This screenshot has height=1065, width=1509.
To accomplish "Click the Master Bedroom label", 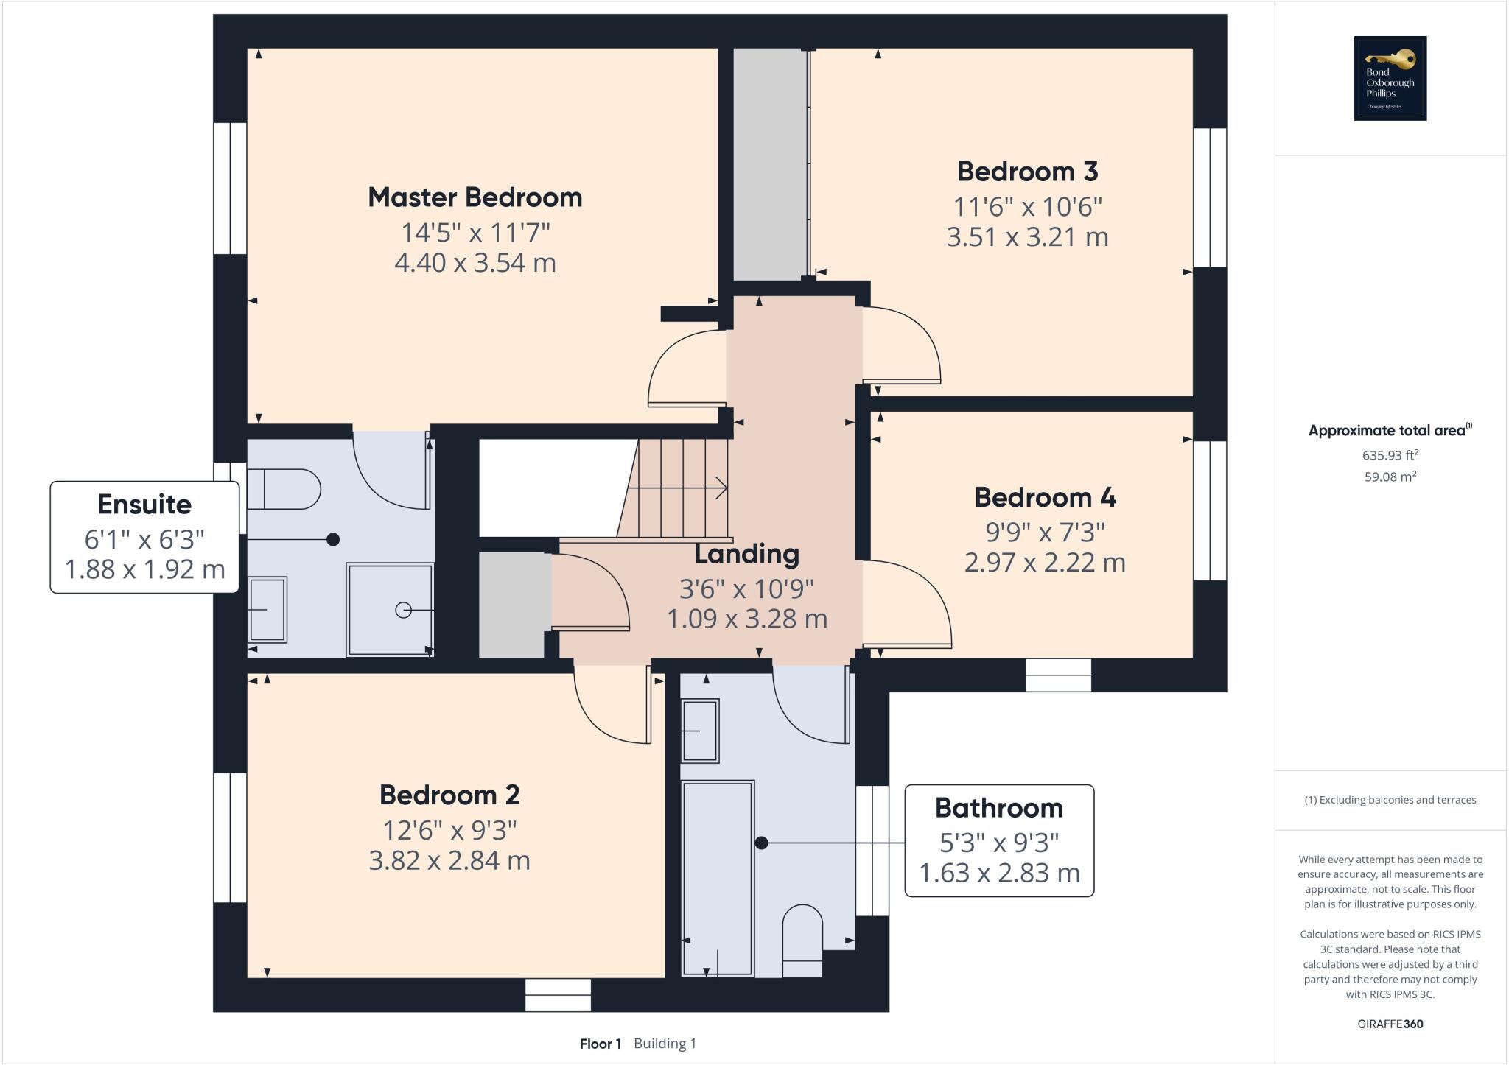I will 475,197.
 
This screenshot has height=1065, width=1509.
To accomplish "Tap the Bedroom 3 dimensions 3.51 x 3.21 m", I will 1027,237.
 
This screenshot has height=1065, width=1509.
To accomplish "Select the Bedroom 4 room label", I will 1045,498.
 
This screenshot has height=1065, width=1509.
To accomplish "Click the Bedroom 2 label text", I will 449,795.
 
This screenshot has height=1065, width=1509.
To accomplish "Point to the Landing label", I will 746,554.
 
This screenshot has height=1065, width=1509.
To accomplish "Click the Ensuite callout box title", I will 144,505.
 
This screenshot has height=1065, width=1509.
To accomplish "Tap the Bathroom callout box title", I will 998,808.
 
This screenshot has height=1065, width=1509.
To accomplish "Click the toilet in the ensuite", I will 284,489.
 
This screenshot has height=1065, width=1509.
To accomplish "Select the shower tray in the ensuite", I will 390,610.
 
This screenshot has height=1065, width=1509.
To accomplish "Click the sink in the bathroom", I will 700,730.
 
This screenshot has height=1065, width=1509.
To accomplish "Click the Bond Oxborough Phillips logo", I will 1390,78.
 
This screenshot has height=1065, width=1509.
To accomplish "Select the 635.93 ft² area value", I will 1390,455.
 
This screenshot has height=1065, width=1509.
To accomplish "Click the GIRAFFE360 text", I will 1390,1024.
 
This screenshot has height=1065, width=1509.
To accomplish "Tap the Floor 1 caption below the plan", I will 601,1044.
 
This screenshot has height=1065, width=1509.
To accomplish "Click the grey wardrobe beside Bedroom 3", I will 769,164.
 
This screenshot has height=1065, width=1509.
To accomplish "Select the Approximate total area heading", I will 1388,431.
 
